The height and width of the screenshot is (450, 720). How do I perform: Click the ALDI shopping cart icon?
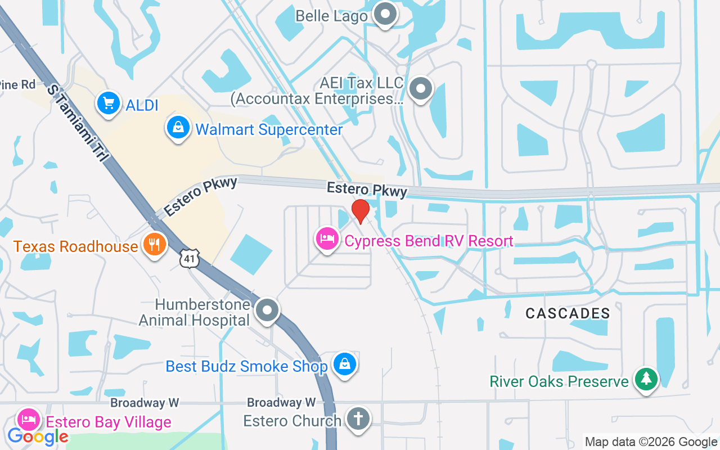(x=109, y=103)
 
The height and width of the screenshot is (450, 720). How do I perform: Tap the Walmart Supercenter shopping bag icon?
(x=178, y=128)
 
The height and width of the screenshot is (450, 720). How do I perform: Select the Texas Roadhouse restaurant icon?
(x=153, y=245)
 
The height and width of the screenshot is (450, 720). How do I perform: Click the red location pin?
(x=360, y=211)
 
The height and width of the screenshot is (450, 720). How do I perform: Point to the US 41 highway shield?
(x=190, y=258)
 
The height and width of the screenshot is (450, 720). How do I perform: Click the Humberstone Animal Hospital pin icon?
(x=267, y=310)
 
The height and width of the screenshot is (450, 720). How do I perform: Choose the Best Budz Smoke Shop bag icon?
(x=344, y=364)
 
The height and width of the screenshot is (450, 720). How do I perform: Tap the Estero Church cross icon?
(x=358, y=419)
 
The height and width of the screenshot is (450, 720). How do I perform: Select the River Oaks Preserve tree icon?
(x=646, y=380)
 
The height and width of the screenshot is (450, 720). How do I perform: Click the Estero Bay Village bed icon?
(x=29, y=420)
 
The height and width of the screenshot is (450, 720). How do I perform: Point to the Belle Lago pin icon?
(x=386, y=13)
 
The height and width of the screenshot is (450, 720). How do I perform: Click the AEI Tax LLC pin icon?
(x=420, y=88)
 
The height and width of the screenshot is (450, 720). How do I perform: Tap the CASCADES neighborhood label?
(x=568, y=313)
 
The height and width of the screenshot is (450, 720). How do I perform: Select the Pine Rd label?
(x=17, y=85)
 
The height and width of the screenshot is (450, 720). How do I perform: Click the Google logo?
(x=38, y=436)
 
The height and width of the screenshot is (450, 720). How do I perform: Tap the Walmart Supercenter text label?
(x=269, y=130)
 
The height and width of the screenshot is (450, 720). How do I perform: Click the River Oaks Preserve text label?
(x=559, y=381)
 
